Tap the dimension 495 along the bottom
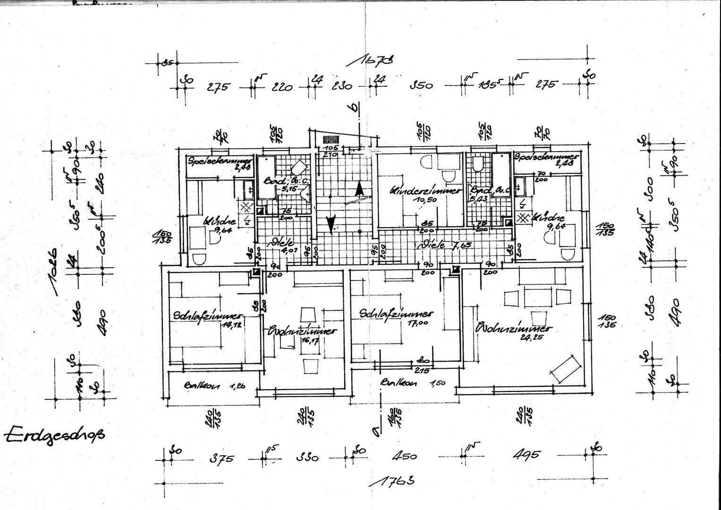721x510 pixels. click(x=526, y=455)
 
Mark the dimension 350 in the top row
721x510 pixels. click(x=421, y=85)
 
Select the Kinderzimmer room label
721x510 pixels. click(x=425, y=191)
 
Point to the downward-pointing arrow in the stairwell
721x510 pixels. click(x=331, y=222)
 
